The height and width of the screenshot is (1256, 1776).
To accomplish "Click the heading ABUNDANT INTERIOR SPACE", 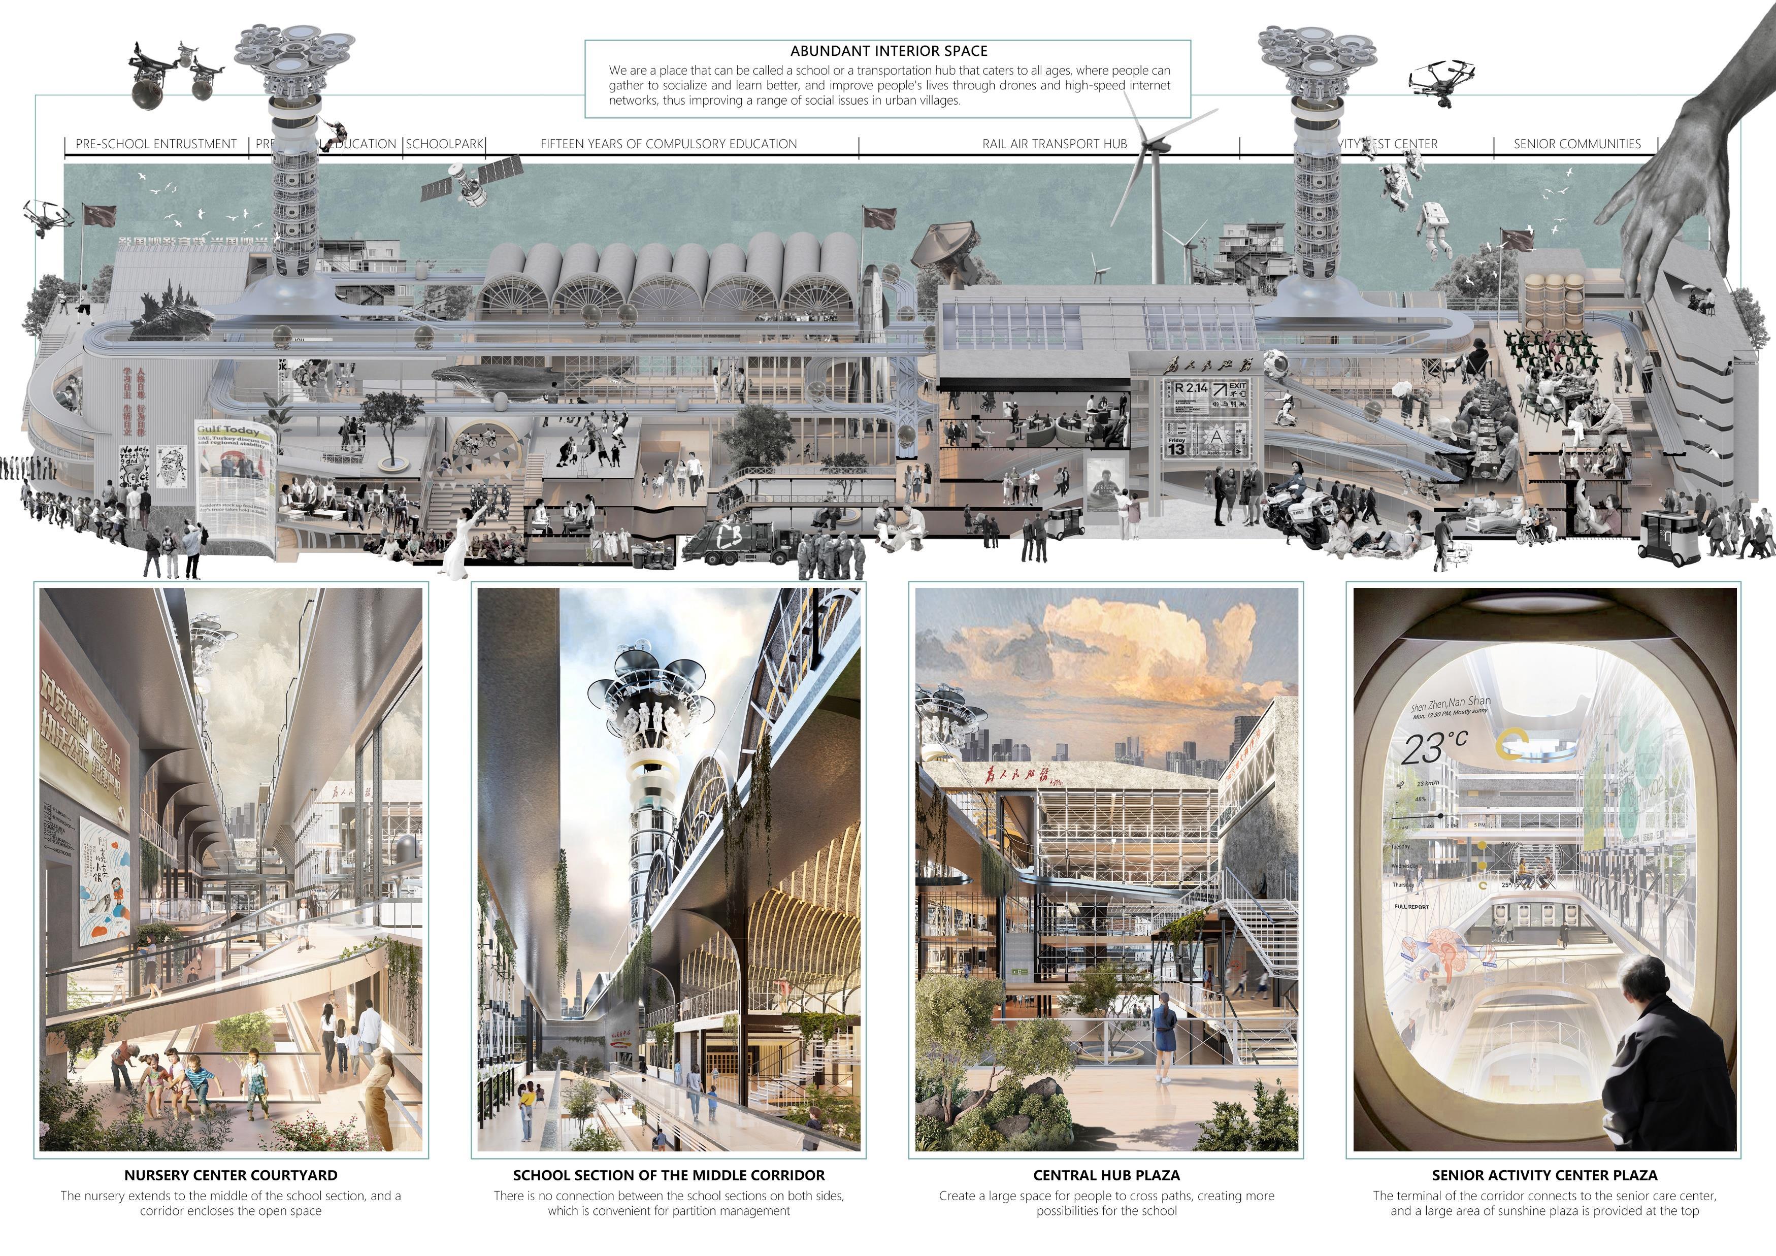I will coord(888,51).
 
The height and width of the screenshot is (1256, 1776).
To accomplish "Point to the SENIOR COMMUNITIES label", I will coord(1576,144).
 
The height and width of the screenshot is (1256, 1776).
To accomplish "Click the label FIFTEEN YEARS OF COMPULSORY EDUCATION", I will coord(668,144).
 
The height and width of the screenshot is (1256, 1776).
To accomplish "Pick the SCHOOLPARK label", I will coord(444,144).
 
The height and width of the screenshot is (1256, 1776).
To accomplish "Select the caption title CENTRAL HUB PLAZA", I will coord(1106,1175).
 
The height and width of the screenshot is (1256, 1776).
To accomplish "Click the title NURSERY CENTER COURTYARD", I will coord(231,1175).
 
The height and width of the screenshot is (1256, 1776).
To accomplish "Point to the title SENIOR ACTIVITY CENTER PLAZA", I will coord(1544,1175).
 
